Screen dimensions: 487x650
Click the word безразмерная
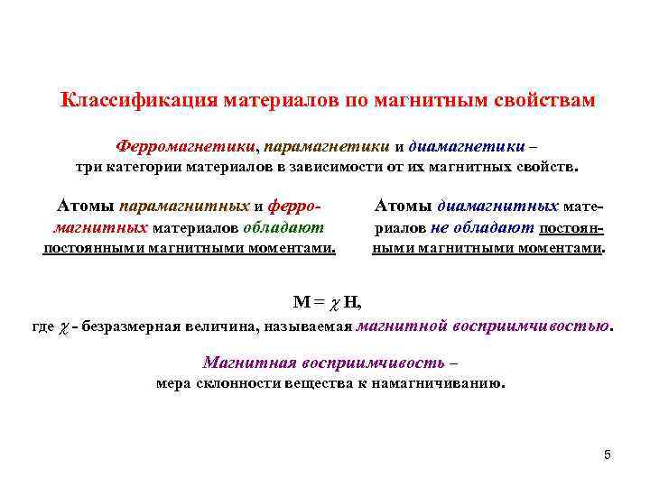coord(135,326)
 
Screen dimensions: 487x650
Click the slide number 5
coord(607,455)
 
